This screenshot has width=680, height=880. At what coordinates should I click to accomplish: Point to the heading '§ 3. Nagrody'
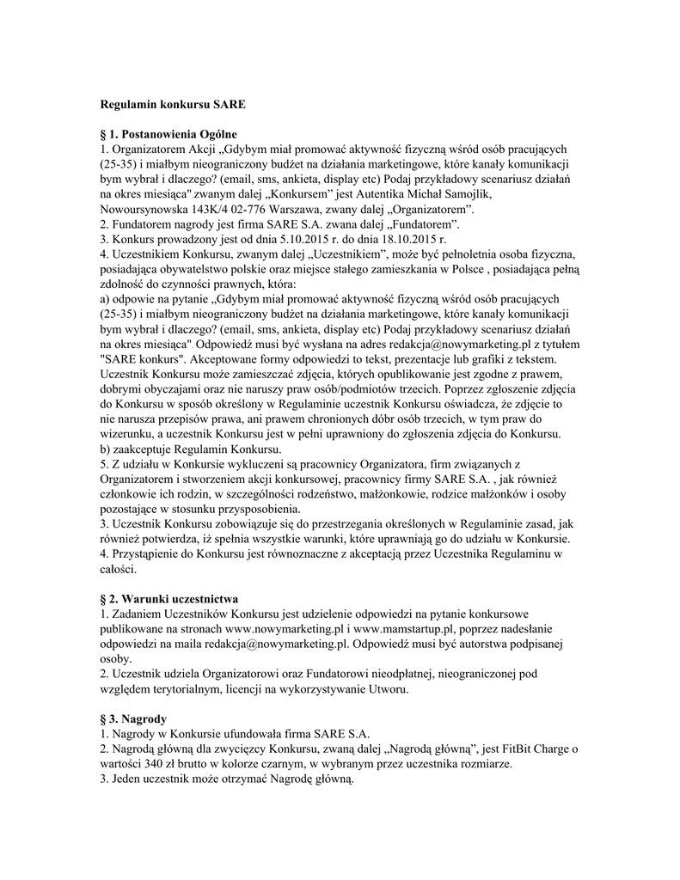[133, 718]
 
